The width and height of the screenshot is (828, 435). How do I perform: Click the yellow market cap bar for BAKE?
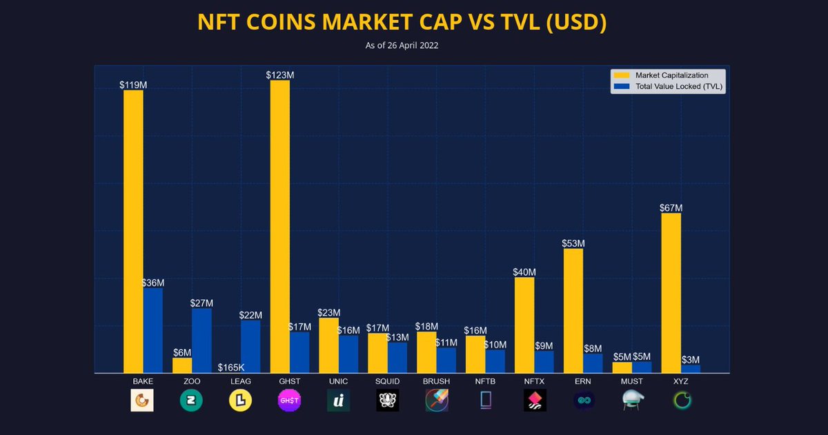[133, 231]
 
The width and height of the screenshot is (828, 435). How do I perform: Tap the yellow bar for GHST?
[279, 226]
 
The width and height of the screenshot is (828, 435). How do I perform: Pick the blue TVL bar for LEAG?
[250, 346]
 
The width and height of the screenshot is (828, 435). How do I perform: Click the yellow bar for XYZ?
[671, 293]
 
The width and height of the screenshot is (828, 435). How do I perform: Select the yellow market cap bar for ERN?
[573, 310]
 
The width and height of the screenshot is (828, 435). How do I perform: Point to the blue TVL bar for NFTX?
[544, 361]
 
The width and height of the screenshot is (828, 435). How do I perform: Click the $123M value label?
[279, 74]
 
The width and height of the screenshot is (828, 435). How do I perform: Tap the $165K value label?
[231, 367]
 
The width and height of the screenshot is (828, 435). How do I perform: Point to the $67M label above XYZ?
[671, 208]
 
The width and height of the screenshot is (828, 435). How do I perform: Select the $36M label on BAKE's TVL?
[152, 283]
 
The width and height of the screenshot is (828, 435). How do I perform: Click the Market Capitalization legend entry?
[671, 75]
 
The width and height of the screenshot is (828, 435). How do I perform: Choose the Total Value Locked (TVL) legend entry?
[678, 86]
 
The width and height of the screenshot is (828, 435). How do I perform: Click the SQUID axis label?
[387, 381]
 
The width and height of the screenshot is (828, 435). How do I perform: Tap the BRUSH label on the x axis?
[436, 381]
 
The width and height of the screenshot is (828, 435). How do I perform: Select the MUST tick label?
[631, 381]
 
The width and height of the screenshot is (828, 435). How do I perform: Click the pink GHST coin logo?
[289, 401]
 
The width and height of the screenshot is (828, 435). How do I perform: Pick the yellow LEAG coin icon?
[240, 401]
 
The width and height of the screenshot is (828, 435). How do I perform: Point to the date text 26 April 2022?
[411, 45]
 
